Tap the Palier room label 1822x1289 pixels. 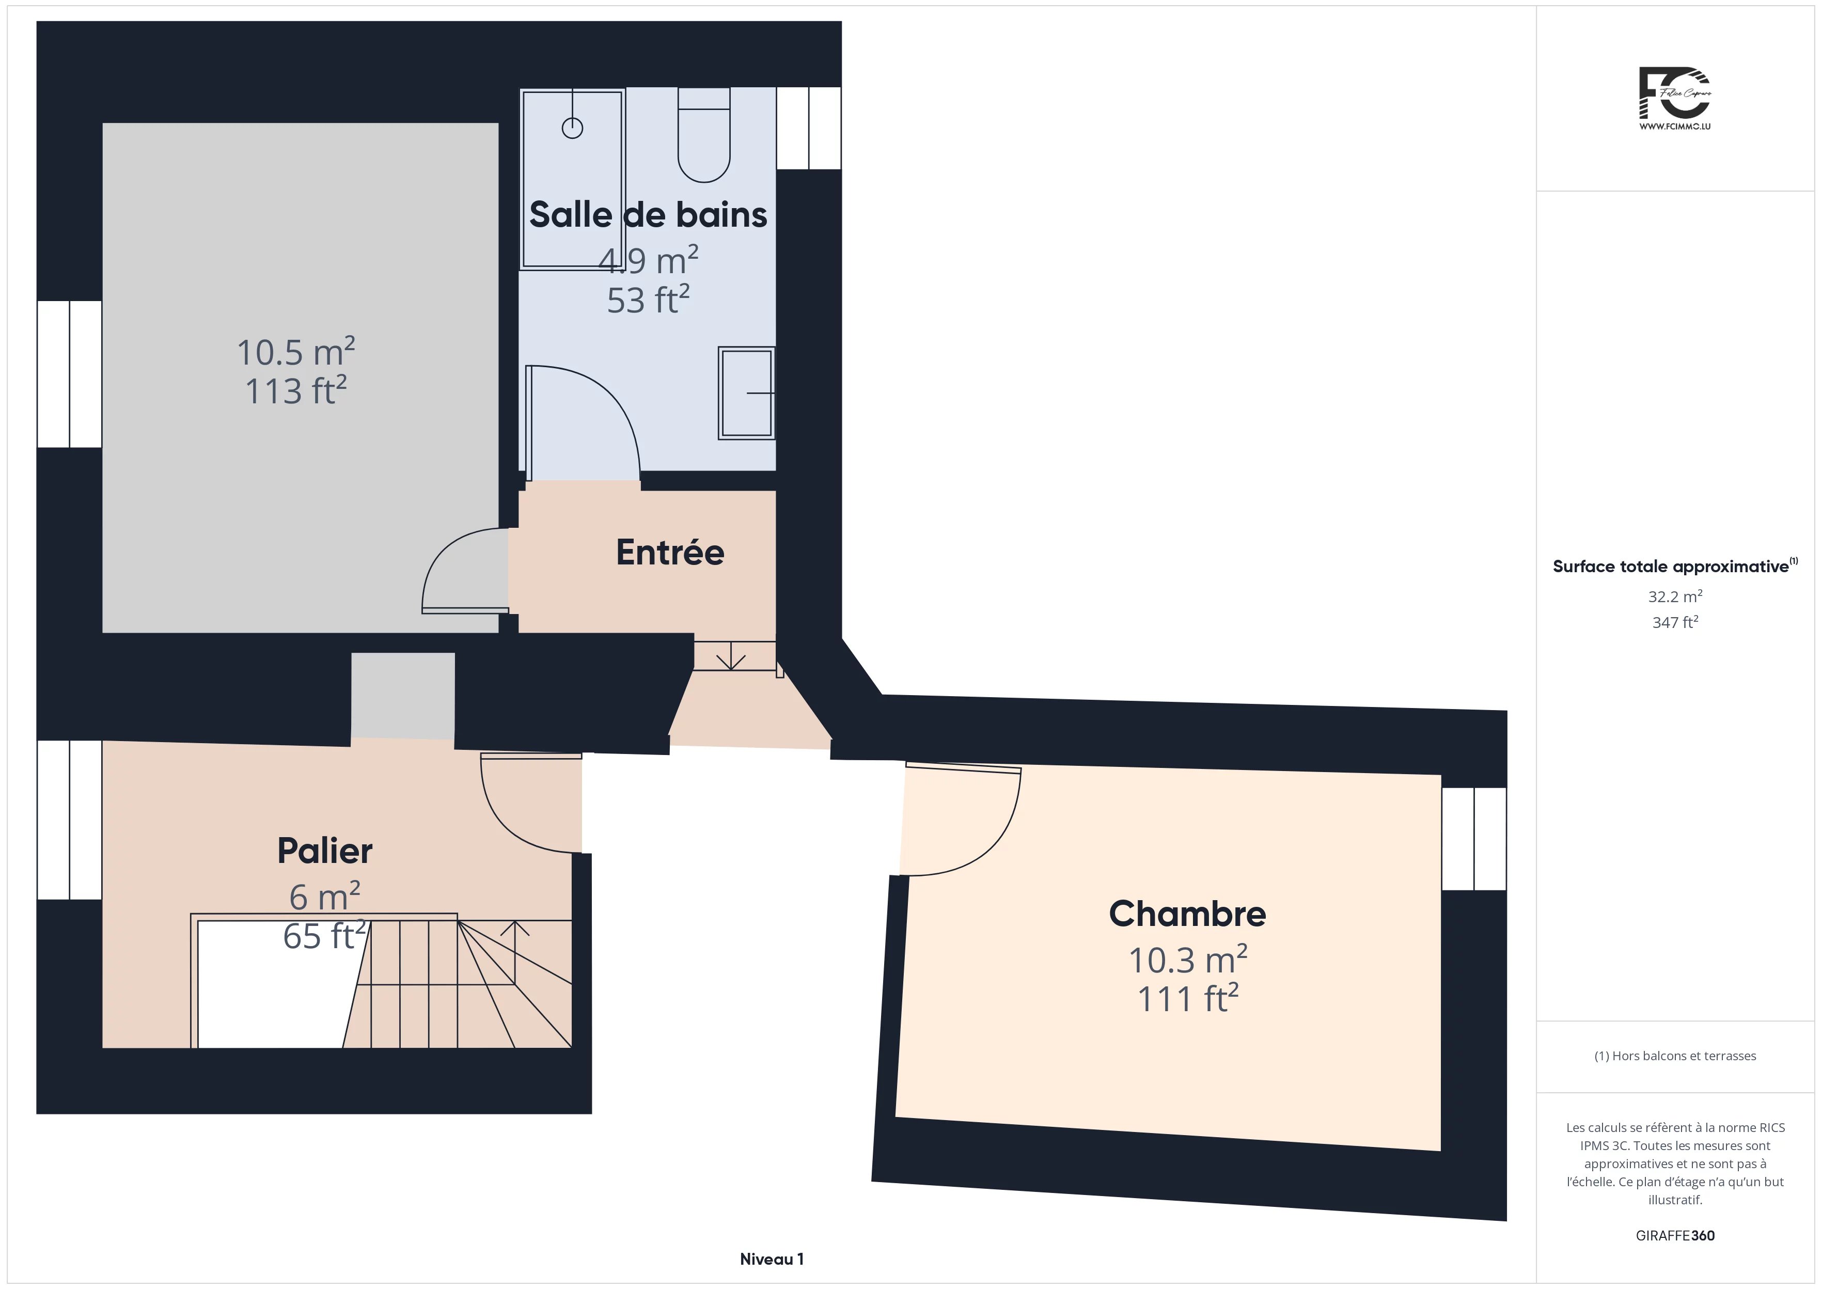324,851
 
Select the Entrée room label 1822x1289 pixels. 670,553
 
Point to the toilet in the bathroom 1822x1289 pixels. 704,135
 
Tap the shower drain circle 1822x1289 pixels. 572,128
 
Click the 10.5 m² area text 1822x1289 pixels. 296,352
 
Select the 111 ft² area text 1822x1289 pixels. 1188,998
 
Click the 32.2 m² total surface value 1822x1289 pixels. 1675,596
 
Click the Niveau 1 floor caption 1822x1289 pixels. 772,1259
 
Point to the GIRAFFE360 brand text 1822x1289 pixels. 1675,1236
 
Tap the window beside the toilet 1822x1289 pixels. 809,128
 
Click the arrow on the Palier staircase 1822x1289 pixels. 515,952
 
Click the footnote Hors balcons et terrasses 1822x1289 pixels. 1675,1056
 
